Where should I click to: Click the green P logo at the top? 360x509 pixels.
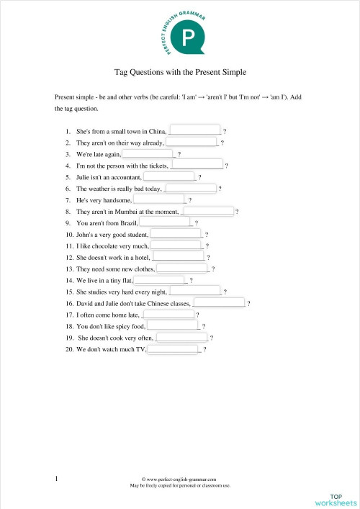pos(189,37)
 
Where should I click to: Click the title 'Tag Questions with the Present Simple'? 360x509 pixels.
pos(180,73)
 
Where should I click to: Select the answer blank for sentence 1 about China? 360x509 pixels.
pos(194,130)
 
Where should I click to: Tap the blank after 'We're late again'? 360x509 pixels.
pos(148,153)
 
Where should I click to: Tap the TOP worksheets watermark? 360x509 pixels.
pos(335,499)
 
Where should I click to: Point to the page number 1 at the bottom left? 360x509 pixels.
pos(56,477)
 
